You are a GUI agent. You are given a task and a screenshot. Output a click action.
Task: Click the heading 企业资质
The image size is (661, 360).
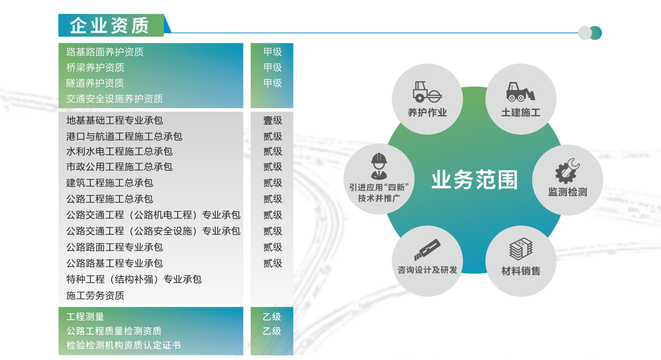pos(109,26)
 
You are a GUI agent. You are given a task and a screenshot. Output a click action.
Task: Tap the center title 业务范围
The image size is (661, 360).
pos(474,179)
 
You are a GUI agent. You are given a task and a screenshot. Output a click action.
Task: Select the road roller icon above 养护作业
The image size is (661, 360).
pos(427,92)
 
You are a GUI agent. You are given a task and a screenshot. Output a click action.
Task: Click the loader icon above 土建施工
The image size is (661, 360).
pos(521,92)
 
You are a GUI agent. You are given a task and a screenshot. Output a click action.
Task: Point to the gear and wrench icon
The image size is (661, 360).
pos(567,171)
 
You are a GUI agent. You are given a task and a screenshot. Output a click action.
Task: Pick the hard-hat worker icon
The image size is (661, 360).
pos(379,166)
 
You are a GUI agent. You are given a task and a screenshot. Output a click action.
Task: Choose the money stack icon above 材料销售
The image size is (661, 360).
pos(521,249)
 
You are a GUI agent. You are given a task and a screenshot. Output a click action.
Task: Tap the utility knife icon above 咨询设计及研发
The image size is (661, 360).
pos(427,249)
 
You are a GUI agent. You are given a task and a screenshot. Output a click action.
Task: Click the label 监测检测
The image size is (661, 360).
pos(568,192)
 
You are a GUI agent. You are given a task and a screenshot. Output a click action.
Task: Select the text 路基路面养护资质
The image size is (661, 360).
pos(105,52)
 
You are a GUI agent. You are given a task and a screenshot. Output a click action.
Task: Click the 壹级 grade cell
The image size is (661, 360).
pos(272,121)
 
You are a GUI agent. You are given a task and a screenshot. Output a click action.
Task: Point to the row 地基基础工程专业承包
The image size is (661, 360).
pos(114,121)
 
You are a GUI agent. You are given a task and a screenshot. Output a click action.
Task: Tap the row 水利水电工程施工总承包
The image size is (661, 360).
pos(119,152)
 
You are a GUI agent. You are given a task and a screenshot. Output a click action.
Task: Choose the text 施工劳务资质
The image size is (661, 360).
pos(95,295)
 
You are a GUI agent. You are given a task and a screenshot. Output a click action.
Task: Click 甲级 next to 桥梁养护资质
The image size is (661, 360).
pos(272,67)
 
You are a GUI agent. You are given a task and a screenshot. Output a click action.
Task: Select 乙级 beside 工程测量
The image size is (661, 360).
pos(272,316)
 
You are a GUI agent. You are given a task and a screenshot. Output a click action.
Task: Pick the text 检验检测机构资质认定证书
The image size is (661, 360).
pos(123,345)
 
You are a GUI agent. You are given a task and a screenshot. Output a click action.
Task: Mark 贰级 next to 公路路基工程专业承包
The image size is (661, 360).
pos(272,263)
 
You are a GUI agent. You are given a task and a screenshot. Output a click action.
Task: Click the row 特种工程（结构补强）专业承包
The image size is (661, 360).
pos(134,279)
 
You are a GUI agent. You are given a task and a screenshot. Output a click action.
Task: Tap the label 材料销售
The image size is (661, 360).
pos(521,271)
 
